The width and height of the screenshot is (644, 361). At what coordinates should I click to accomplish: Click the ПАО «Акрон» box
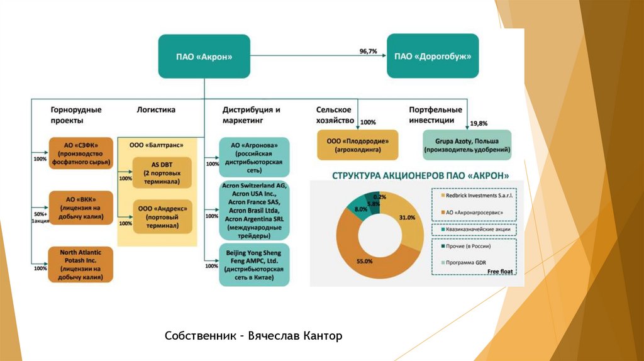click(204, 57)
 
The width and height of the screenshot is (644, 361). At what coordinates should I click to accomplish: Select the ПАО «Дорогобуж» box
click(433, 57)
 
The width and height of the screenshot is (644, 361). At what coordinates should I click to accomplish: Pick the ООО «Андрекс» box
click(162, 216)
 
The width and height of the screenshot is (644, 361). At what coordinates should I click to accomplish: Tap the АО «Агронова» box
click(254, 157)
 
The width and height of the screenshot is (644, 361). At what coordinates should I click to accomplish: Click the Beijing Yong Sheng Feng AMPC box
click(254, 265)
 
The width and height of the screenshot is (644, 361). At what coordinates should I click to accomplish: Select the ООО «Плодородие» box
click(358, 145)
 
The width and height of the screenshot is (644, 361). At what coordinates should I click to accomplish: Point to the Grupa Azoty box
click(467, 145)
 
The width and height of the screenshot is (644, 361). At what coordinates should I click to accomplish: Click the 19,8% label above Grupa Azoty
click(479, 123)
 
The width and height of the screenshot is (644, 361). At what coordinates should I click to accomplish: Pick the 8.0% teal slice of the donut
click(357, 208)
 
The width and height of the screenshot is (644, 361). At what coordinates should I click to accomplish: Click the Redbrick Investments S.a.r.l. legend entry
click(477, 196)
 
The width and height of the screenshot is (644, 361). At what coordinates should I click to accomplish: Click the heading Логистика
click(156, 109)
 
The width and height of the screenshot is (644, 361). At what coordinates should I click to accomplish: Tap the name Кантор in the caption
click(322, 336)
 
